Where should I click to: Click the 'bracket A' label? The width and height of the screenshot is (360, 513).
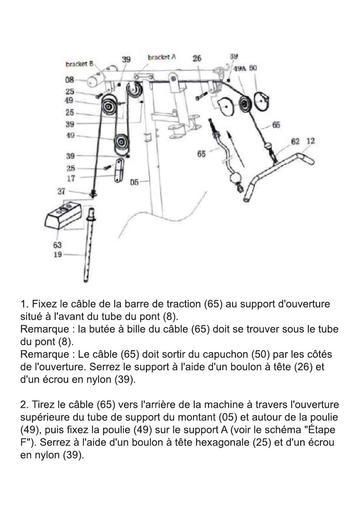pyautogui.click(x=162, y=57)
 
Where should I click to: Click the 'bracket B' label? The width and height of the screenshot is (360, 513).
pyautogui.click(x=79, y=64)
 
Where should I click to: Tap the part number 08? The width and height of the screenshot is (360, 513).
pyautogui.click(x=70, y=80)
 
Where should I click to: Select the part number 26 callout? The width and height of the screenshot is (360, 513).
pyautogui.click(x=197, y=58)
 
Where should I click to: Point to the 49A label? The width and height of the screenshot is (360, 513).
pyautogui.click(x=239, y=69)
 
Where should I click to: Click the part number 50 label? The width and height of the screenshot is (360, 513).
pyautogui.click(x=254, y=68)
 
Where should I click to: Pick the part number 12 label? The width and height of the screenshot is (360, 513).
pyautogui.click(x=311, y=141)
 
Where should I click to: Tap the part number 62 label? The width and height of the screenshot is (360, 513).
pyautogui.click(x=295, y=141)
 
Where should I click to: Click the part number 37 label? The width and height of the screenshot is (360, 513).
pyautogui.click(x=61, y=191)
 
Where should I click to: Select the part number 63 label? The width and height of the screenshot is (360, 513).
pyautogui.click(x=58, y=245)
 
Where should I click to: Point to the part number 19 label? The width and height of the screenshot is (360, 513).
pyautogui.click(x=58, y=254)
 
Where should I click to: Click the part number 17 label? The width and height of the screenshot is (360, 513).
pyautogui.click(x=70, y=178)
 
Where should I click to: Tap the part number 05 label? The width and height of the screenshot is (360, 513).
pyautogui.click(x=135, y=182)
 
